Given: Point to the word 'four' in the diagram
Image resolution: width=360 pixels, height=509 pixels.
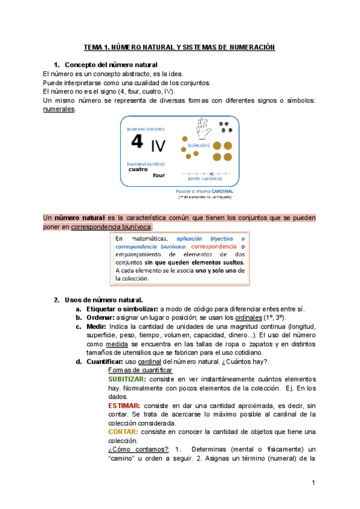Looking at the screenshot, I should [x=158, y=175].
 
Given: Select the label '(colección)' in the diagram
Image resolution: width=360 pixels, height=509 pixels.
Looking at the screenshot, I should [x=198, y=145].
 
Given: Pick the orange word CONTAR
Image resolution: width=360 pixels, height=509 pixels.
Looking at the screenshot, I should [x=122, y=432].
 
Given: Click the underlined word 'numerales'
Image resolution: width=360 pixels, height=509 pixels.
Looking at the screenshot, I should [x=60, y=109].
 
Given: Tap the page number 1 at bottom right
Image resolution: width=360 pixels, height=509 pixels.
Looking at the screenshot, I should [x=313, y=483].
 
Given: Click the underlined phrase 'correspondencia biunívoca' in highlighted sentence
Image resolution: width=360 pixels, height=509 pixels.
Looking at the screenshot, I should [x=112, y=226].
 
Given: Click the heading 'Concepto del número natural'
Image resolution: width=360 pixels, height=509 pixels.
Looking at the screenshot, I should [x=110, y=65].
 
